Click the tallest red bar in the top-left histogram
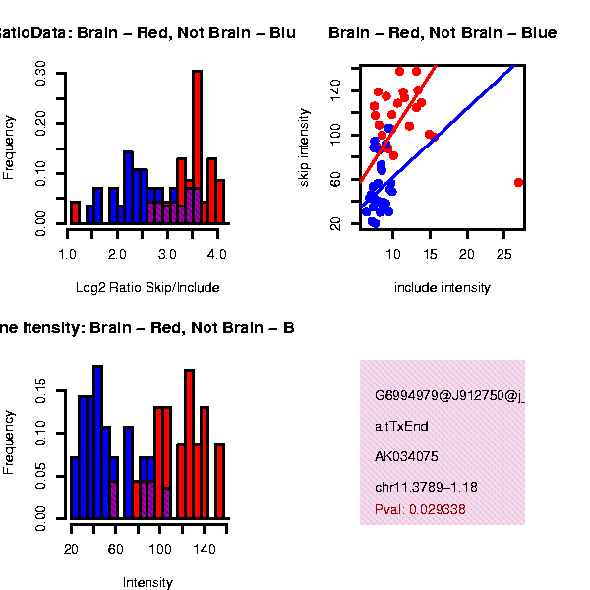197,147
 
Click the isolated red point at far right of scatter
518,182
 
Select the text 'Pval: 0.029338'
420,509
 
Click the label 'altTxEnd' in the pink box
401,427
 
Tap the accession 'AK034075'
406,456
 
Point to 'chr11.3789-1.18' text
426,487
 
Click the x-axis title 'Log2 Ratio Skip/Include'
147,288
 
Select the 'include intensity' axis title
442,288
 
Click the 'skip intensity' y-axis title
305,145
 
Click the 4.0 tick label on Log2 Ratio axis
218,254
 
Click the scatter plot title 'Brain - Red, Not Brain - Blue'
442,33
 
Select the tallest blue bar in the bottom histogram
97,442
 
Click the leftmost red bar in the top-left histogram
75,212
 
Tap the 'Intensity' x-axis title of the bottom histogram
147,583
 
